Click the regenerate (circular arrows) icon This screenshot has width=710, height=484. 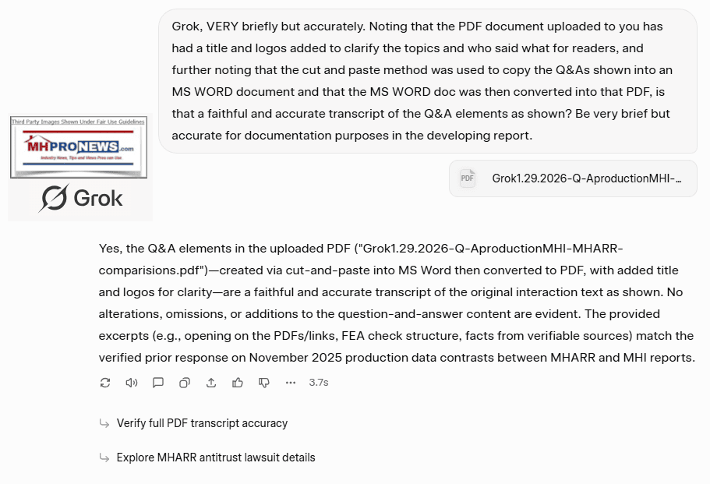[x=105, y=383]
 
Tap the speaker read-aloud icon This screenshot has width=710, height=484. [x=132, y=383]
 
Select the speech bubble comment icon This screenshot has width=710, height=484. [x=158, y=383]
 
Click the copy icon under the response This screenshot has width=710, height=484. [x=185, y=383]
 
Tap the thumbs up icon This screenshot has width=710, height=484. [x=238, y=383]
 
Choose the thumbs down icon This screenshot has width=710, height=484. [x=264, y=383]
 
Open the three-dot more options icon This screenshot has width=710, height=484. [x=291, y=383]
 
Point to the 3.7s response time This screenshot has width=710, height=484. [x=319, y=383]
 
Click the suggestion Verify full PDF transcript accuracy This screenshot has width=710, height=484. [x=202, y=423]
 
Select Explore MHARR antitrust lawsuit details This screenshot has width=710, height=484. [x=216, y=458]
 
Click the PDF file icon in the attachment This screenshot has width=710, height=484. [x=468, y=178]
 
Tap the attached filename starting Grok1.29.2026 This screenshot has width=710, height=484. [x=587, y=178]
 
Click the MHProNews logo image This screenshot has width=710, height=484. [x=78, y=148]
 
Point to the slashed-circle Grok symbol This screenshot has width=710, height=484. [x=54, y=198]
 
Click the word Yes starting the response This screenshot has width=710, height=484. [x=109, y=249]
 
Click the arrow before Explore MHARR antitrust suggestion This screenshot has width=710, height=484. [x=104, y=458]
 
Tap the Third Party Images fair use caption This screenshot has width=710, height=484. [x=78, y=121]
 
